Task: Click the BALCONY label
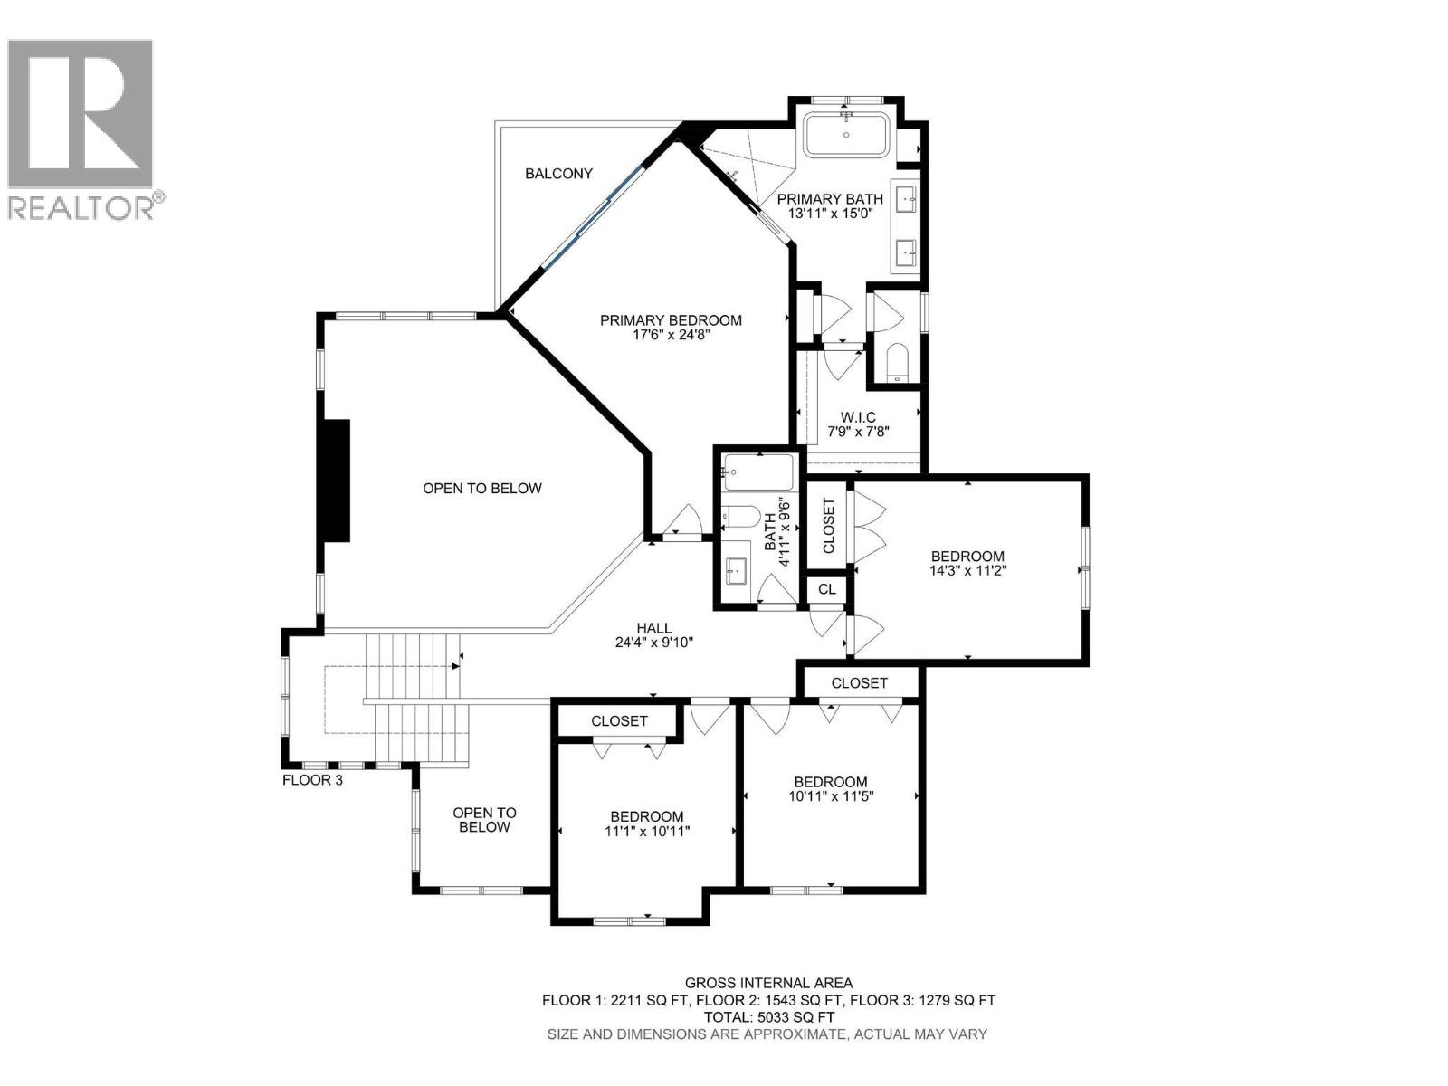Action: pos(558,174)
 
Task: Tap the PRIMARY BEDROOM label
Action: pos(671,320)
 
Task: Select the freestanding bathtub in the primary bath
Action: pos(847,136)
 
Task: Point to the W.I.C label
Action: pos(858,417)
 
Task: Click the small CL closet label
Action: pos(826,590)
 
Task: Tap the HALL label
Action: pos(653,628)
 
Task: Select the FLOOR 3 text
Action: pos(312,779)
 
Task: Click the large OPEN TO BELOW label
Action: pos(481,489)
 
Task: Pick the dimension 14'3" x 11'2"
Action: pos(967,571)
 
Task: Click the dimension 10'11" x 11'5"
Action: pos(831,796)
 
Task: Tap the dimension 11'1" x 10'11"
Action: pos(647,831)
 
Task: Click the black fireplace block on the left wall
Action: pos(337,481)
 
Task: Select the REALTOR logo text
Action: pos(81,208)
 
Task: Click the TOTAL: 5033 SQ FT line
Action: pos(767,1017)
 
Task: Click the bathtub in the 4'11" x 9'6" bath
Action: pos(758,472)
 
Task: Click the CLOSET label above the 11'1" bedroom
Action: pos(619,721)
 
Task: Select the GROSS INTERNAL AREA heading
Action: pos(767,983)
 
